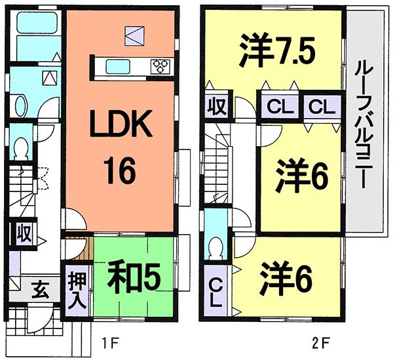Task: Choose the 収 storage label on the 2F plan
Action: click(214, 106)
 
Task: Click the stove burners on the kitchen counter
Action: click(160, 65)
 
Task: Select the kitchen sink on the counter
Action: click(119, 66)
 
